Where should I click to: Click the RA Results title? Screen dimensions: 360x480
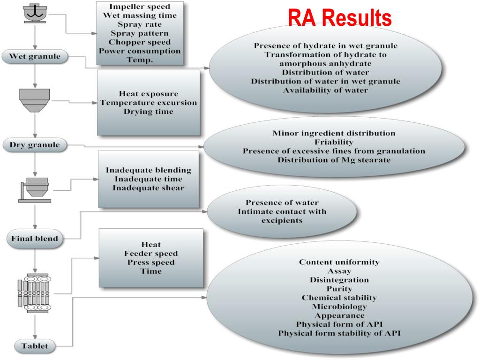coord(339,18)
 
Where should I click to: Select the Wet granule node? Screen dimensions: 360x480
coord(35,57)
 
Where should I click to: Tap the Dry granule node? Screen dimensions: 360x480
coord(35,145)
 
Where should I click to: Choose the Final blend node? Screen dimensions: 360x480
coord(35,239)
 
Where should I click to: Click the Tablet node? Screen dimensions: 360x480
coord(35,346)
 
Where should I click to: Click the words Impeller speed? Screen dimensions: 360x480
coord(140,7)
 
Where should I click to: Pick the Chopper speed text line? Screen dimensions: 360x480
coord(140,42)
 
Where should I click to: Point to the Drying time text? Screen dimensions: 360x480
coord(148,112)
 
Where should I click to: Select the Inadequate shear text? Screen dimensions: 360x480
coord(148,188)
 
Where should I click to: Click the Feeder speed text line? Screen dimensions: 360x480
coord(150,253)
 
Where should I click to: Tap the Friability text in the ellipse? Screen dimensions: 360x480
coord(334,142)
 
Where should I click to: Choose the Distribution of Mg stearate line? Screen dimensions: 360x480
coord(334,160)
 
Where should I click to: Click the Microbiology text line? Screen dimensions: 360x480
coord(339,307)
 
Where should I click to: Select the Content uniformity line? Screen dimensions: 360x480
coord(339,262)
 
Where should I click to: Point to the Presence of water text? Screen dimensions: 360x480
coord(282,203)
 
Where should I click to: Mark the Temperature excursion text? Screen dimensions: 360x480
coord(148,103)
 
